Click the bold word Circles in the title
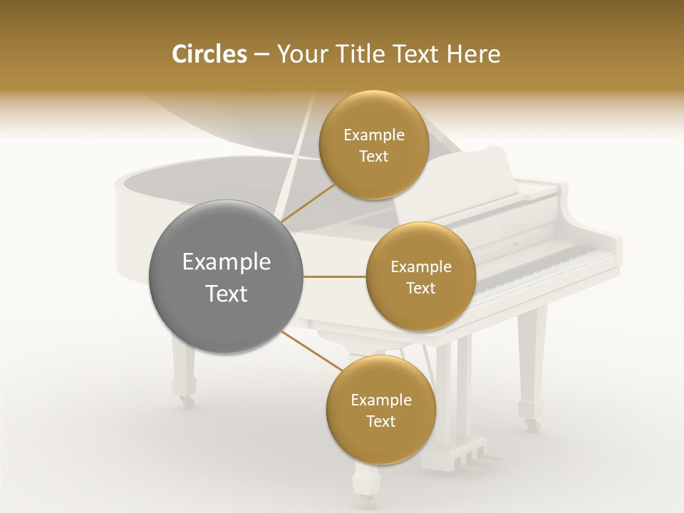209,54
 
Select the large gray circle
226,276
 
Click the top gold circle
373,145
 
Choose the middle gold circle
420,276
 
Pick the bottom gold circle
380,410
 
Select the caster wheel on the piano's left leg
187,402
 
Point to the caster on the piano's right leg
532,425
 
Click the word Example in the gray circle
226,262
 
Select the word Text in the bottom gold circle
380,421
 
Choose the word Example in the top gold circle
373,135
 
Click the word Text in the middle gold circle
420,288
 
